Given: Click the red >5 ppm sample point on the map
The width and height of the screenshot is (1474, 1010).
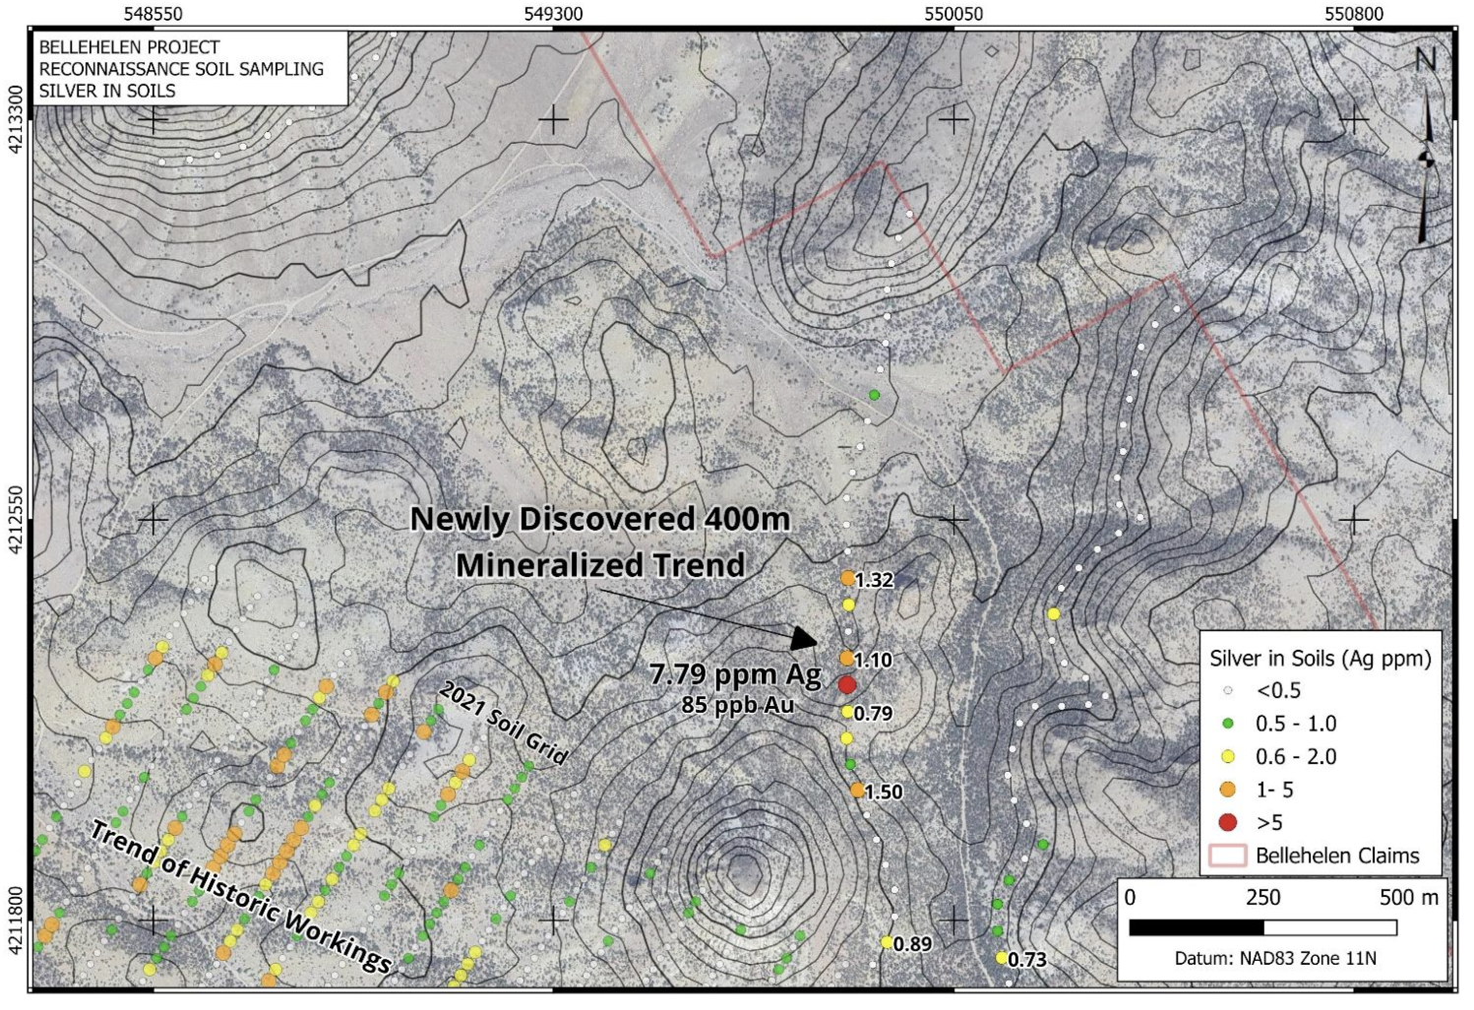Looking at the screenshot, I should tap(846, 684).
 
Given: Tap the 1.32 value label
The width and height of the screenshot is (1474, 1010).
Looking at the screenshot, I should tap(874, 580).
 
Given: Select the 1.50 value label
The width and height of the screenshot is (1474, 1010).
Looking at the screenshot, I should tap(884, 792).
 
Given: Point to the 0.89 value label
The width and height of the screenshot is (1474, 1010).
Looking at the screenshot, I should tap(912, 944).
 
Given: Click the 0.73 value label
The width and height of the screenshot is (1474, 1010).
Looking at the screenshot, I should tap(1027, 960).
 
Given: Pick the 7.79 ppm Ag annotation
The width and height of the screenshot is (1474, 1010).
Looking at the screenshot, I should tap(734, 675).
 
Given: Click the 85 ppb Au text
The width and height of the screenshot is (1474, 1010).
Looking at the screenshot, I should tap(737, 705).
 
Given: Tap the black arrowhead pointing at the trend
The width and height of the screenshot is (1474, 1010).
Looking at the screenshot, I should tap(805, 639).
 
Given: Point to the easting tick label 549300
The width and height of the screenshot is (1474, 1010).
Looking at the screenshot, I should tap(553, 14).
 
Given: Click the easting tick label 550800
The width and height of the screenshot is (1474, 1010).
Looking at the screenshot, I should tap(1354, 14).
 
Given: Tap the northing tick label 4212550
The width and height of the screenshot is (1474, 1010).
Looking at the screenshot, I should tap(15, 519).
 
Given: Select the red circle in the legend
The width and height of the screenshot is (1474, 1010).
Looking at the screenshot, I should tap(1227, 822).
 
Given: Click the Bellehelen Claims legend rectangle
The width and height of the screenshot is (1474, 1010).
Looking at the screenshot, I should tap(1227, 855).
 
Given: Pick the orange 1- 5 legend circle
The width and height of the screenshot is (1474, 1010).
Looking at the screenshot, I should tap(1227, 789).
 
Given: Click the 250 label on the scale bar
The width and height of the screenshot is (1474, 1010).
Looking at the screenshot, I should tap(1262, 898).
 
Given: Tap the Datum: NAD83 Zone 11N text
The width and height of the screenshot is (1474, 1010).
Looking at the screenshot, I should tap(1275, 958).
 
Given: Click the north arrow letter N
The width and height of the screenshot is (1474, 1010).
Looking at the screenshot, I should tap(1425, 60).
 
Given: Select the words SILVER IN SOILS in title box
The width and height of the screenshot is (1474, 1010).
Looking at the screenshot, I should tap(107, 91).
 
